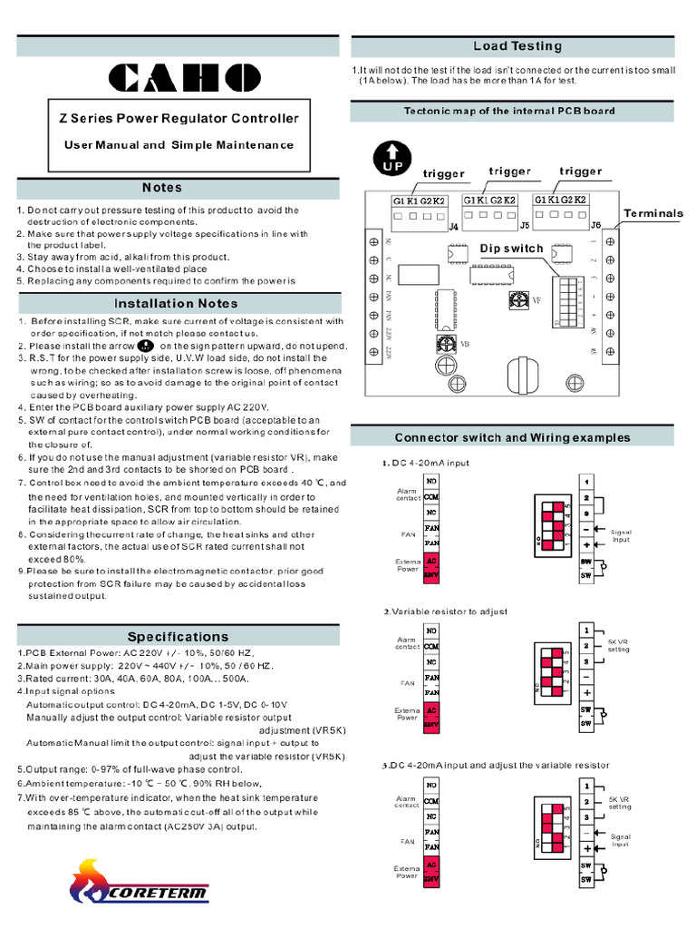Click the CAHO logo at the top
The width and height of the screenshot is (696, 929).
click(x=178, y=78)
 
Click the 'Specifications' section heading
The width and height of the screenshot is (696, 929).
click(x=178, y=636)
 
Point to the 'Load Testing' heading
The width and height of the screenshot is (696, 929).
click(x=517, y=46)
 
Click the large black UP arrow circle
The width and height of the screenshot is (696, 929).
click(x=391, y=158)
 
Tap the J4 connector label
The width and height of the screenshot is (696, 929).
click(x=453, y=227)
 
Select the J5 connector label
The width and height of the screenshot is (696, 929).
click(x=525, y=223)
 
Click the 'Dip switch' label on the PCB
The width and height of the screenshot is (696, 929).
click(x=511, y=248)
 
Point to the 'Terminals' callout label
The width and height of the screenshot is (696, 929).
click(x=652, y=213)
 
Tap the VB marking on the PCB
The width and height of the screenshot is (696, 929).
click(x=465, y=344)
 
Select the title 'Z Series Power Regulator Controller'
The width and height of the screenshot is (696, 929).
click(x=179, y=118)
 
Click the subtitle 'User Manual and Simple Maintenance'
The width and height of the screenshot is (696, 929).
click(x=179, y=144)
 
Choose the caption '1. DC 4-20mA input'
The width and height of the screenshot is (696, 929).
click(x=426, y=463)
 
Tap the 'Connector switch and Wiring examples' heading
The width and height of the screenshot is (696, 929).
click(x=512, y=437)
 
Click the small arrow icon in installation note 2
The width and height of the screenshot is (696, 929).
click(x=145, y=346)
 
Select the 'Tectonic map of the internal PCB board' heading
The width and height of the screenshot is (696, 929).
click(x=508, y=111)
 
